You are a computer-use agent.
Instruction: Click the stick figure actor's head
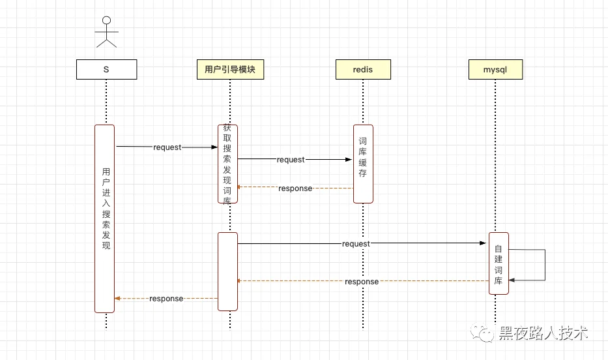pyautogui.click(x=107, y=20)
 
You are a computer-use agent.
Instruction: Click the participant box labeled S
pyautogui.click(x=107, y=69)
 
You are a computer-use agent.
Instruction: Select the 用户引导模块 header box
pyautogui.click(x=230, y=69)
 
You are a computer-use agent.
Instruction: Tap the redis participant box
pyautogui.click(x=363, y=69)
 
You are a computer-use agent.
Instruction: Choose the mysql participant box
pyautogui.click(x=495, y=69)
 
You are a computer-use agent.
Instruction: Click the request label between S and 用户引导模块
pyautogui.click(x=167, y=147)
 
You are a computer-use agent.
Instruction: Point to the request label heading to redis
pyautogui.click(x=291, y=159)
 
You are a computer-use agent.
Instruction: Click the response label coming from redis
pyautogui.click(x=295, y=188)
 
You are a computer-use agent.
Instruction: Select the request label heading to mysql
pyautogui.click(x=356, y=244)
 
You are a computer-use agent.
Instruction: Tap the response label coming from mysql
pyautogui.click(x=362, y=282)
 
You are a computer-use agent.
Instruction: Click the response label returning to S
pyautogui.click(x=166, y=298)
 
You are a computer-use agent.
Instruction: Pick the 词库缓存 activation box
pyautogui.click(x=364, y=164)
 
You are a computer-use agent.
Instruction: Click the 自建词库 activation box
pyautogui.click(x=499, y=263)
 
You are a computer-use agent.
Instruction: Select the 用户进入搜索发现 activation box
pyautogui.click(x=105, y=218)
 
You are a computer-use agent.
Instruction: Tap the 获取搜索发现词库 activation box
pyautogui.click(x=227, y=164)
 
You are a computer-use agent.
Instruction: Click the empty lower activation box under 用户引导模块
pyautogui.click(x=227, y=271)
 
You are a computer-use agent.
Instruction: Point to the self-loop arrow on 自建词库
pyautogui.click(x=545, y=265)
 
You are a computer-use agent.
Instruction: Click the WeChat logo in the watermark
pyautogui.click(x=482, y=332)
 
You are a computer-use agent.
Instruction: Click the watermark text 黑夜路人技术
pyautogui.click(x=543, y=333)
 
